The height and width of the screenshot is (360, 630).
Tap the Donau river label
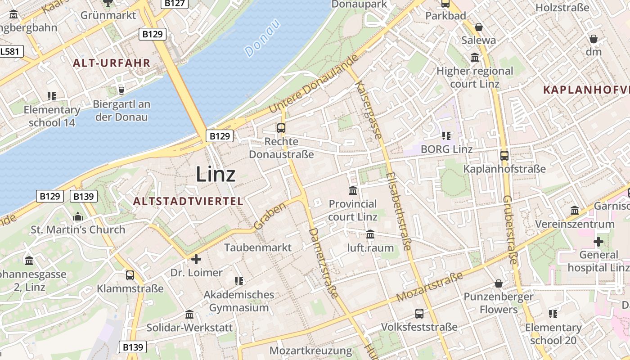[263, 38]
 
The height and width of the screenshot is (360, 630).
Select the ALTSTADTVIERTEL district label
[188, 201]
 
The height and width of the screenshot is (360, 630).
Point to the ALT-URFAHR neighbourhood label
[112, 63]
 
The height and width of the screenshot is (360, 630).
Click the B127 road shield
[175, 4]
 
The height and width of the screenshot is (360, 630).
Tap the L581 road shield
[10, 51]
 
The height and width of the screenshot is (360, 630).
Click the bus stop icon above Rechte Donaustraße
[281, 128]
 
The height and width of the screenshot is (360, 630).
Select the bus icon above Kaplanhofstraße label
[504, 156]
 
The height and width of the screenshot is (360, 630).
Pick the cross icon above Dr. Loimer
[196, 259]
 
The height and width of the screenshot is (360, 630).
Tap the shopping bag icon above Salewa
[479, 27]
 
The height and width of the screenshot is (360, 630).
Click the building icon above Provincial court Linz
[353, 190]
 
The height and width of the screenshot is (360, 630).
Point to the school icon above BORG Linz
[446, 135]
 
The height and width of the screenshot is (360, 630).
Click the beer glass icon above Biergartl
[121, 90]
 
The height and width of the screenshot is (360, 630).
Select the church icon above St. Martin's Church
[78, 216]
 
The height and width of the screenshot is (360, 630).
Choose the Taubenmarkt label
[258, 247]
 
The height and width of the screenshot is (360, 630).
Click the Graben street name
[270, 216]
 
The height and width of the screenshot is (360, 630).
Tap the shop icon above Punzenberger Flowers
[498, 283]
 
